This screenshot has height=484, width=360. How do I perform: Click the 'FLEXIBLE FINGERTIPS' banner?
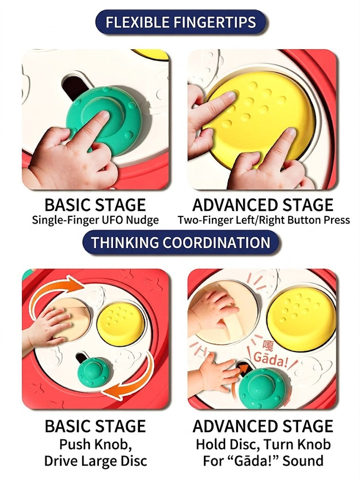(180, 22)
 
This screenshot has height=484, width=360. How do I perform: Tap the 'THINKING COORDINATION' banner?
(180, 242)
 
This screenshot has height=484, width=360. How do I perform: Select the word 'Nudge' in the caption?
(143, 220)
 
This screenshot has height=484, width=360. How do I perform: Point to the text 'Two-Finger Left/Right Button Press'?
(263, 220)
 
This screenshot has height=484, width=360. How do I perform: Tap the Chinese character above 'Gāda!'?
(268, 345)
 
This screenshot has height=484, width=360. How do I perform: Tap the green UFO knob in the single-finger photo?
(104, 116)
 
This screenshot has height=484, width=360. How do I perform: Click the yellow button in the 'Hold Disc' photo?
(301, 315)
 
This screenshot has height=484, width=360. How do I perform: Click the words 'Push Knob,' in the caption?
(95, 444)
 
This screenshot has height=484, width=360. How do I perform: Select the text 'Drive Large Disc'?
(95, 461)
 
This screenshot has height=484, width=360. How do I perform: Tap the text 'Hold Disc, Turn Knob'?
(263, 444)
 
